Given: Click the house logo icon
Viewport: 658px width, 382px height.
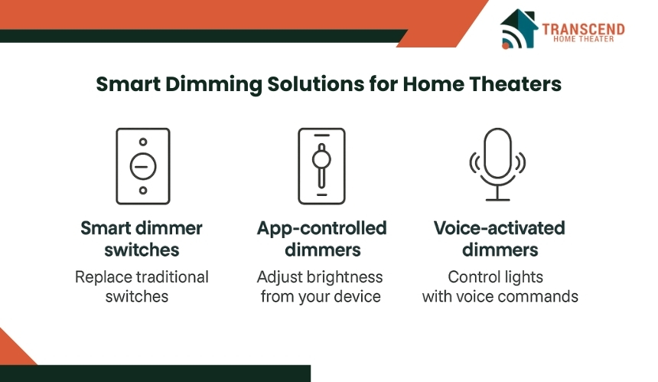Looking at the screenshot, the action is coord(519,29).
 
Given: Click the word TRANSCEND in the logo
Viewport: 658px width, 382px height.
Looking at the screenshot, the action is coord(583,29).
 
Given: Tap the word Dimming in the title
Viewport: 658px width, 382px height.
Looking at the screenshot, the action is coord(214,85).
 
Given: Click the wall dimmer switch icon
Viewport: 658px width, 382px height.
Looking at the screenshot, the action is coord(143,166).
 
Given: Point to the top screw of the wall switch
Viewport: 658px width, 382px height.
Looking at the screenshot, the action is coord(143,142).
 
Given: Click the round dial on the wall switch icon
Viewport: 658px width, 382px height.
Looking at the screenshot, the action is coord(143,167).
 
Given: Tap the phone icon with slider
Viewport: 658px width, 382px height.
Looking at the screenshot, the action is coord(321,166).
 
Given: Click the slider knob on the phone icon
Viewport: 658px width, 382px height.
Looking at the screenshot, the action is coord(321,159).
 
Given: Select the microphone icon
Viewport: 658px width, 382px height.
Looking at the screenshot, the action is coord(497,165).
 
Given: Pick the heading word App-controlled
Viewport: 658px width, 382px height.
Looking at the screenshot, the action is coord(322,228).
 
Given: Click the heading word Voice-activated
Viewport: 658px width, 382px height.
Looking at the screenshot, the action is coord(500,228).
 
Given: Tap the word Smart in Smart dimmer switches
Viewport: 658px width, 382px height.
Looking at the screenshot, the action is coord(100,228).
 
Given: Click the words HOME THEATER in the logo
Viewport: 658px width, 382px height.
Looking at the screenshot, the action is coord(583,39).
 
